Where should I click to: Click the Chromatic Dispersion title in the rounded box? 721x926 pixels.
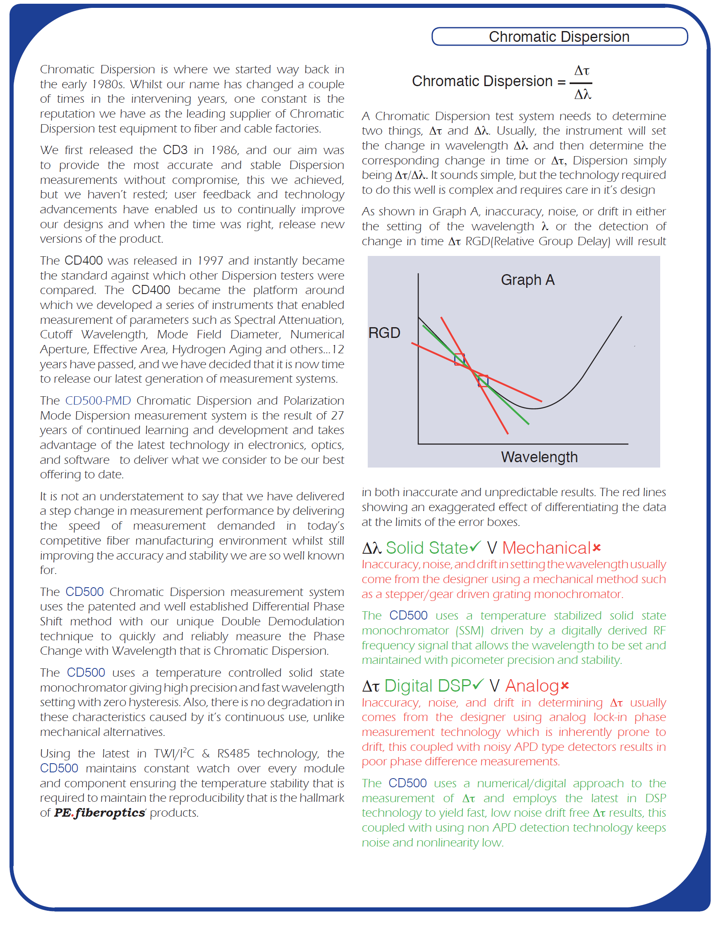[x=559, y=37]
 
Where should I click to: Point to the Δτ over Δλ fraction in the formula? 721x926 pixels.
[x=582, y=82]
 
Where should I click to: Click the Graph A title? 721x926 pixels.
[x=527, y=280]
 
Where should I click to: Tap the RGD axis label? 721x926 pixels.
[x=384, y=333]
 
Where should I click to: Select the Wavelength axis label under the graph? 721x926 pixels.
[x=539, y=457]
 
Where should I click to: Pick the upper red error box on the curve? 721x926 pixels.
[x=459, y=359]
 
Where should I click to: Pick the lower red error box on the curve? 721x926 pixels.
[x=483, y=381]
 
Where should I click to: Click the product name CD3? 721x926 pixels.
[x=175, y=150]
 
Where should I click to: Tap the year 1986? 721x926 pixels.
[x=225, y=150]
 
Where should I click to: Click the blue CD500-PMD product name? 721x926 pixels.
[x=98, y=401]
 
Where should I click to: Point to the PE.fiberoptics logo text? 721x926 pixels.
[x=100, y=813]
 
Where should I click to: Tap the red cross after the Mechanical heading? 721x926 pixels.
[x=597, y=548]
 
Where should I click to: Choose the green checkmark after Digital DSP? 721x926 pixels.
[x=478, y=684]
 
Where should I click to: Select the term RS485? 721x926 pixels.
[x=233, y=753]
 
